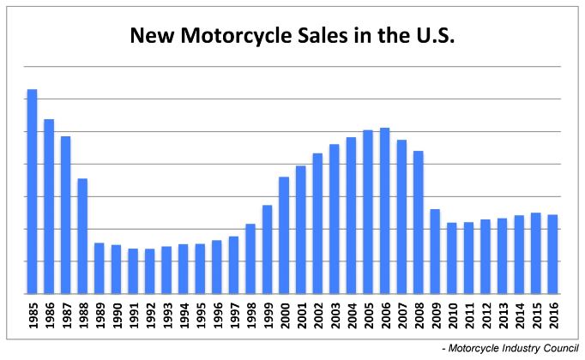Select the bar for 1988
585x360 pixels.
(82, 236)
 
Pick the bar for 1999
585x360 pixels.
(267, 249)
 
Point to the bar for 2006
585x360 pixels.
(384, 211)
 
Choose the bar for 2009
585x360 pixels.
(435, 251)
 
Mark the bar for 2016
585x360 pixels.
(552, 254)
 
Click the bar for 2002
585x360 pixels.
(317, 223)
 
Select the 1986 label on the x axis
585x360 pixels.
(49, 315)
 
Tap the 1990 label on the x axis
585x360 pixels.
(116, 315)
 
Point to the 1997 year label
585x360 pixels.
(233, 315)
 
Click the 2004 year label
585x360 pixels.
(351, 315)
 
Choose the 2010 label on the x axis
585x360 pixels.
(451, 315)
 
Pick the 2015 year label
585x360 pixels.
(535, 315)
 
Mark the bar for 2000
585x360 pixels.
(284, 235)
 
